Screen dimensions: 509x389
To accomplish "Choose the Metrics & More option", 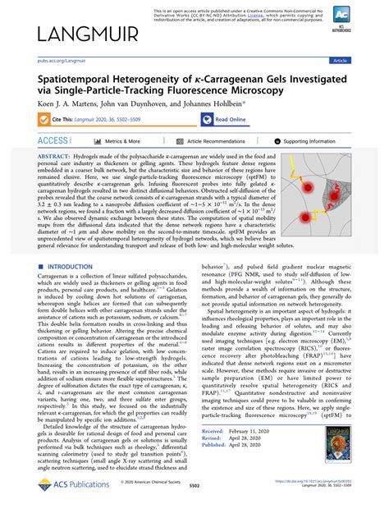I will [123, 141].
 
